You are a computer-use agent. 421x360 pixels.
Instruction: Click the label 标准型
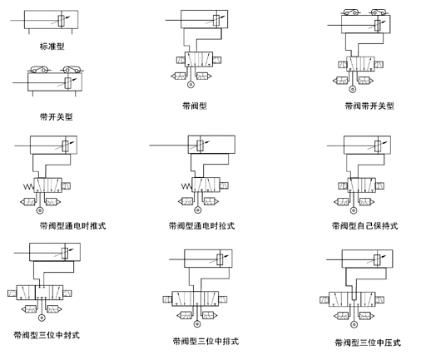pyautogui.click(x=52, y=46)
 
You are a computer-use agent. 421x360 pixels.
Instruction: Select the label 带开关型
pyautogui.click(x=57, y=116)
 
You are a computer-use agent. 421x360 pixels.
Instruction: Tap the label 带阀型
pyautogui.click(x=195, y=106)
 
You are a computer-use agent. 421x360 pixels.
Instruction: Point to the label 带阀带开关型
pyautogui.click(x=369, y=106)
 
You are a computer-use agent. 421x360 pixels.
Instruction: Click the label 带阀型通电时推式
pyautogui.click(x=73, y=225)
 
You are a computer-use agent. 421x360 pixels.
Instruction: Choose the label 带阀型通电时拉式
pyautogui.click(x=202, y=225)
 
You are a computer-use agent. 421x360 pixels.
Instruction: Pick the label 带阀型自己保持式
pyautogui.click(x=365, y=225)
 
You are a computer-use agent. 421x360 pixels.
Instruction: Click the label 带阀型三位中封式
pyautogui.click(x=47, y=335)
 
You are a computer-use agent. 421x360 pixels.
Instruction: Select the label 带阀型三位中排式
pyautogui.click(x=206, y=341)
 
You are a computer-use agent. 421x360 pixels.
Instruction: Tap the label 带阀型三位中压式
pyautogui.click(x=368, y=343)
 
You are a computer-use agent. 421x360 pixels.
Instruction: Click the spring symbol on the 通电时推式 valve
pyautogui.click(x=28, y=186)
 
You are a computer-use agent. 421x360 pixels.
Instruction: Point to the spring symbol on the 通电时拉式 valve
pyautogui.click(x=186, y=186)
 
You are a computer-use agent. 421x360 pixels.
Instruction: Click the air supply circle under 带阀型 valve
pyautogui.click(x=191, y=84)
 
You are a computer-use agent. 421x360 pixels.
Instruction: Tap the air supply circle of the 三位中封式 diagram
pyautogui.click(x=42, y=318)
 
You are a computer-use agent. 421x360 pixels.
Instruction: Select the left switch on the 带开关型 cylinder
pyautogui.click(x=39, y=70)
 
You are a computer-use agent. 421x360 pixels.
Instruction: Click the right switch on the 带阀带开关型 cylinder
pyautogui.click(x=379, y=12)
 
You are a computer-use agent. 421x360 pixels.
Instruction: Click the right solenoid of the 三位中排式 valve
pyautogui.click(x=222, y=299)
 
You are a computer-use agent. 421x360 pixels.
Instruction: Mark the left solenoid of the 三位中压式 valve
pyautogui.click(x=324, y=299)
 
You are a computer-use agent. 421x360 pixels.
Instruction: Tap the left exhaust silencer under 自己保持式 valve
pyautogui.click(x=341, y=202)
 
